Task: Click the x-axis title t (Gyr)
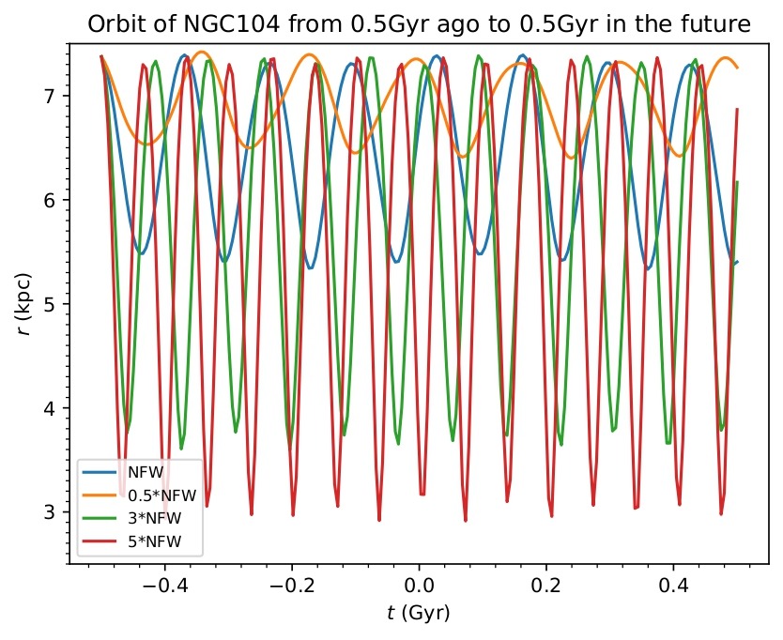(x=419, y=615)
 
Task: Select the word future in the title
(x=718, y=24)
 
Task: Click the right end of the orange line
(x=738, y=68)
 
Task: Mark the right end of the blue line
(x=738, y=262)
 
